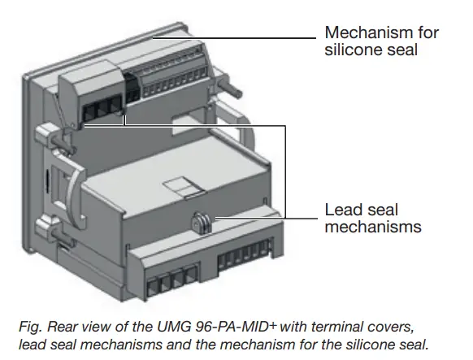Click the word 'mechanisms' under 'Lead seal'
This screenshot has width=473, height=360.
click(373, 227)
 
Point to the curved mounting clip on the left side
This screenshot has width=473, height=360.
click(68, 187)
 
